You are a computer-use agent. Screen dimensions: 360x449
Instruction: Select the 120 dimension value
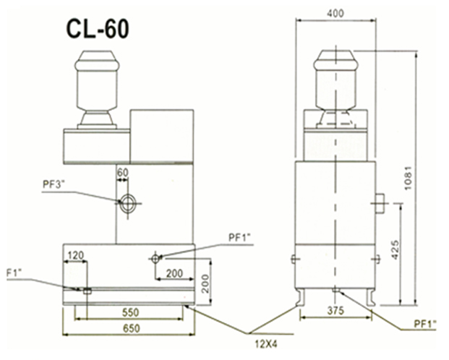(x=76, y=256)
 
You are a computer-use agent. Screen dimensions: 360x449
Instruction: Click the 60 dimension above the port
(x=121, y=172)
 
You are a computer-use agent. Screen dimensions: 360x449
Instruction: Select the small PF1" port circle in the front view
(x=156, y=257)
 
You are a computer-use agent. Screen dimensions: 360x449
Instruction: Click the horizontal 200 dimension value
(x=173, y=273)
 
